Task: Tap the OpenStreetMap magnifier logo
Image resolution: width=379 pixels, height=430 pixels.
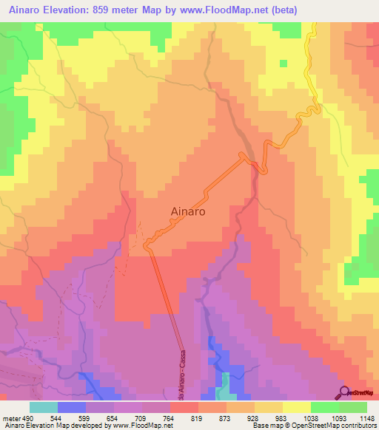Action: tap(344, 392)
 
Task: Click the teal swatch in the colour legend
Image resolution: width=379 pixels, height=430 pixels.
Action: tap(44, 407)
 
